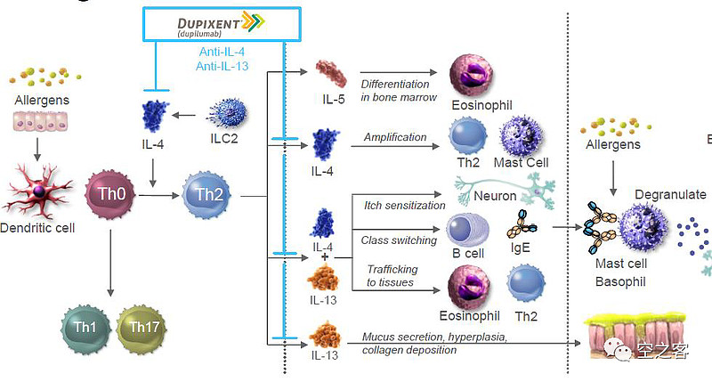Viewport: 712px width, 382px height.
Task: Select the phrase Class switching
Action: click(399, 240)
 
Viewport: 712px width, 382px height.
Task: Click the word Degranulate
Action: click(669, 194)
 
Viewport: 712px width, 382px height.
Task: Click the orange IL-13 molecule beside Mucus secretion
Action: click(322, 338)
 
